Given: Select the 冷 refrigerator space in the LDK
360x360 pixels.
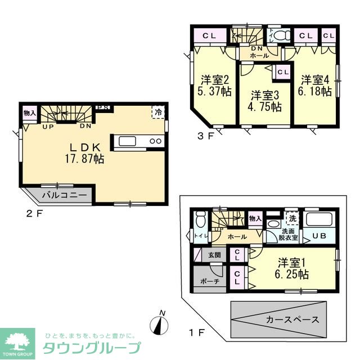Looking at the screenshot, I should [x=160, y=112].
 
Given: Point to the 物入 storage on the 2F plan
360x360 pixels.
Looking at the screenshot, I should [x=29, y=113].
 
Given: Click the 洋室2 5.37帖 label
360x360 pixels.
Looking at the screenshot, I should [x=214, y=85].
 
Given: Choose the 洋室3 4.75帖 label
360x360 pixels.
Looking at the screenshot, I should [x=265, y=100].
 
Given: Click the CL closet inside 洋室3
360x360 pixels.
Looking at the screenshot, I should [x=282, y=72].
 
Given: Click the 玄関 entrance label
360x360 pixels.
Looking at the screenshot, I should [x=214, y=255].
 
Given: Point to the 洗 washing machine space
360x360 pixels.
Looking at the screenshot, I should [x=292, y=218].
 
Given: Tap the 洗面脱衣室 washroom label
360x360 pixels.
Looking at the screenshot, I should [x=289, y=234].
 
